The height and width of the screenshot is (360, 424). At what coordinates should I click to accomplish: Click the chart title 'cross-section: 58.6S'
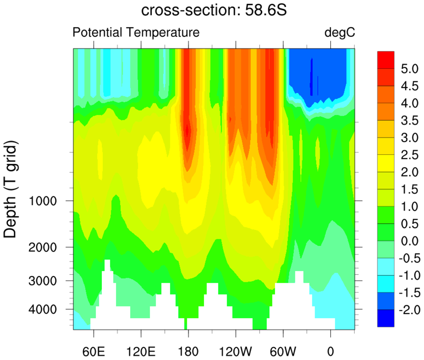point(214,10)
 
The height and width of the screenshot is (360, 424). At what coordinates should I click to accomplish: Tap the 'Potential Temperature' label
point(136,32)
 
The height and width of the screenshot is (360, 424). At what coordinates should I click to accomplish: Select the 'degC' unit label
point(340,32)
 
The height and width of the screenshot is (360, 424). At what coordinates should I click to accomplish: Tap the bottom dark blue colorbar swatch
point(385,318)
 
